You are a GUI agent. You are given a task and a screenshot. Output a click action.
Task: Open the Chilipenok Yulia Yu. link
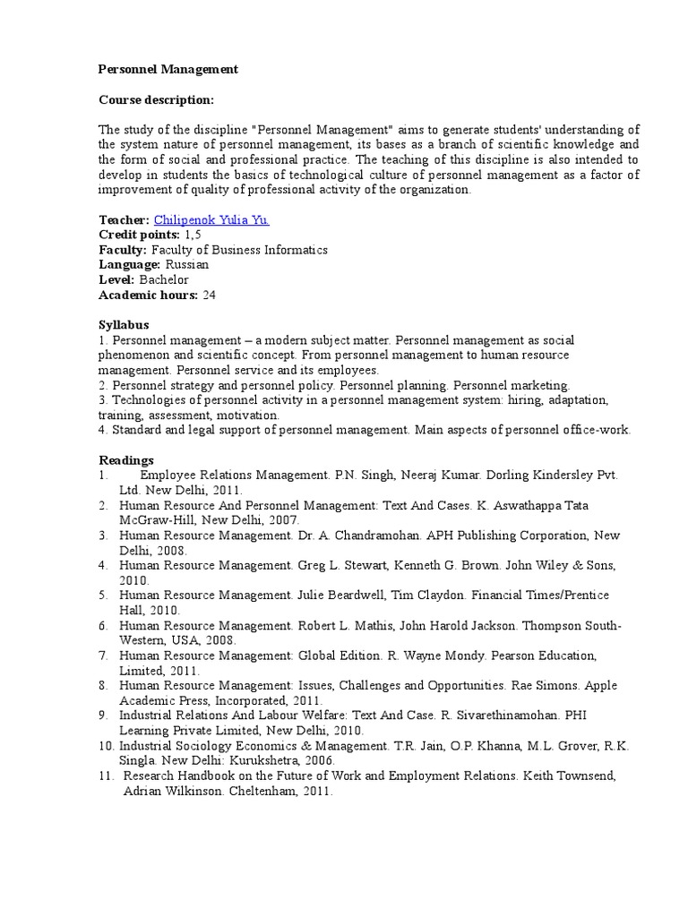tap(211, 219)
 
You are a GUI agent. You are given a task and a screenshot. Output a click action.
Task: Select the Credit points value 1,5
tap(193, 235)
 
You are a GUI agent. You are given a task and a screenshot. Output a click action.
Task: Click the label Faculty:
tap(123, 250)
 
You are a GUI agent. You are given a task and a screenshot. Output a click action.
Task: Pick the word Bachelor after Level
tap(164, 280)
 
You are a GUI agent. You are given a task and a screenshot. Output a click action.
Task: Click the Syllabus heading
tap(124, 325)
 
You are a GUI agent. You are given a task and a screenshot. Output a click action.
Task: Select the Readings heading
tap(125, 460)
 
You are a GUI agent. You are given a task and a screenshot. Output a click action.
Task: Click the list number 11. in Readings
tap(107, 776)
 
